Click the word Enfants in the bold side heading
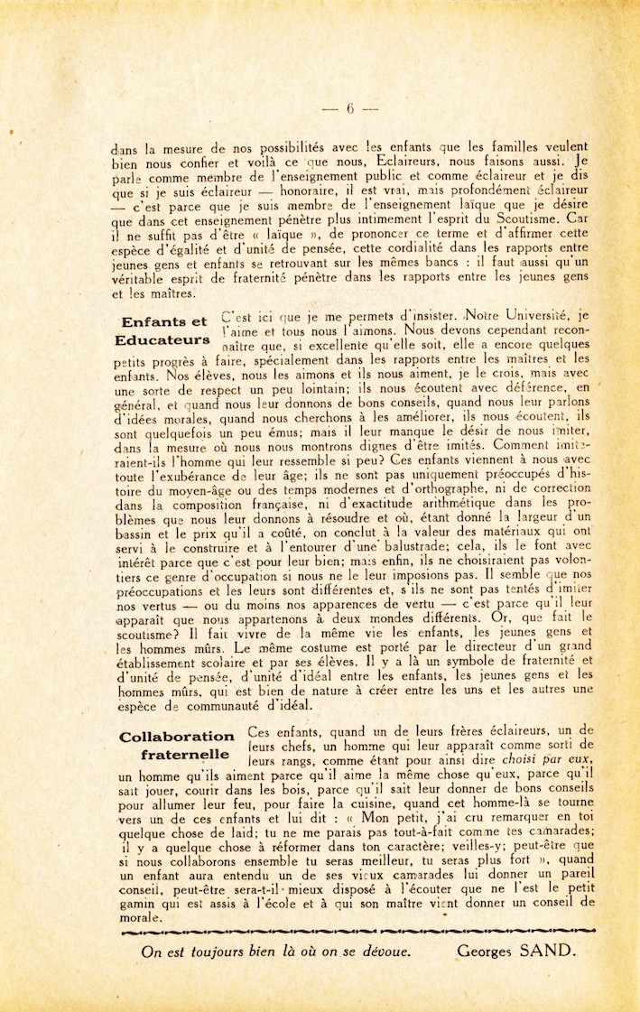[153, 321]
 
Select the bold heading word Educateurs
[163, 339]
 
